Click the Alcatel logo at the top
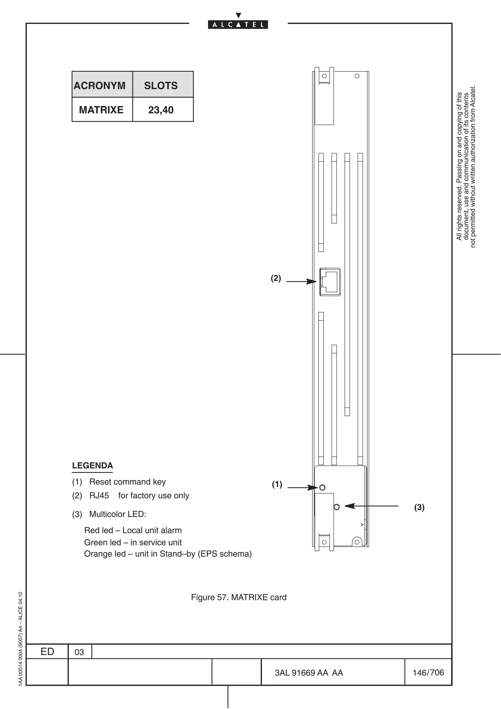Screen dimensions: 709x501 (238, 24)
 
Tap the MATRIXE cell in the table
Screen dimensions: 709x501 (101, 110)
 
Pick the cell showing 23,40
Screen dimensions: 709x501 (161, 110)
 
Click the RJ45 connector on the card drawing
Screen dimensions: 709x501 (330, 282)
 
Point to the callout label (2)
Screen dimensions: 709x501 (276, 278)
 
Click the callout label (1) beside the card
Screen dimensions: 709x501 (277, 484)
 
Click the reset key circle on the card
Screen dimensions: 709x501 (322, 487)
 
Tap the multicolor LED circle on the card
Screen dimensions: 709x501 (337, 506)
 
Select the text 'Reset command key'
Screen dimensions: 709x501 (127, 482)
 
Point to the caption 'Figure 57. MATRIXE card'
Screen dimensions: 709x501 (239, 597)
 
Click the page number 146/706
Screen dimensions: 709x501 (428, 672)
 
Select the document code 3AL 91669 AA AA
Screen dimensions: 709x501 (309, 673)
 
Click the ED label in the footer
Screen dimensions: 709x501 (47, 651)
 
